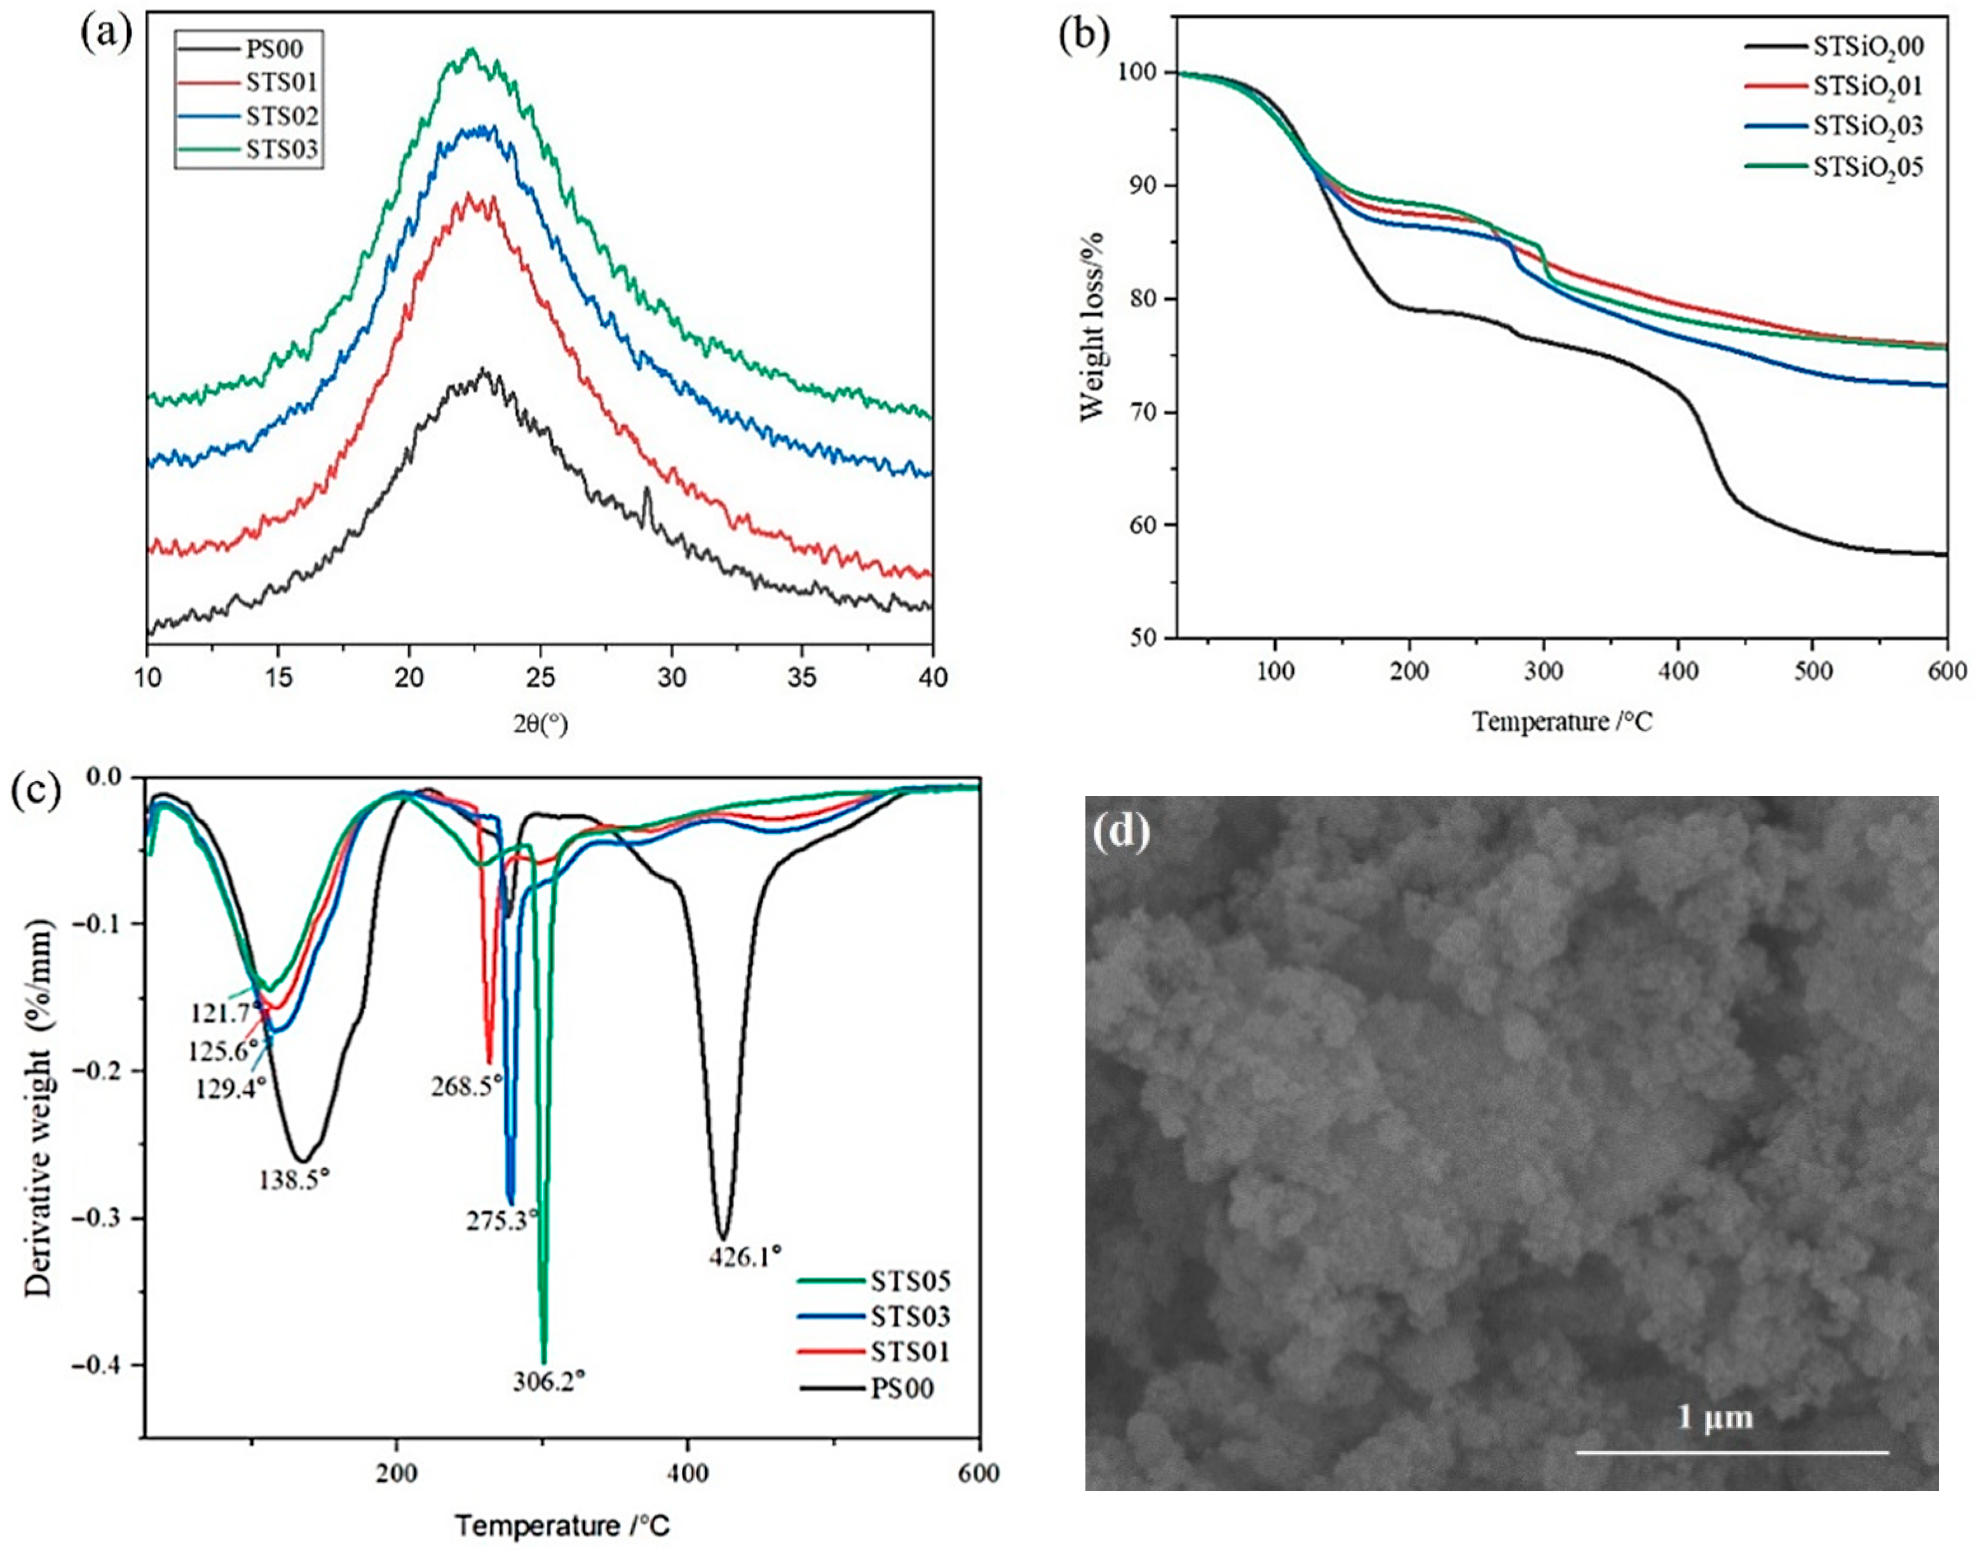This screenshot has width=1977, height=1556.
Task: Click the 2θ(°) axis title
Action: [540, 725]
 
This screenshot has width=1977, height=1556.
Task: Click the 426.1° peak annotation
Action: [745, 1257]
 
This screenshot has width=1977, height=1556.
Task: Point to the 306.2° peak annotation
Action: [548, 1381]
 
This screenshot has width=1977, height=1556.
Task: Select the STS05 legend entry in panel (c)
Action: [909, 1282]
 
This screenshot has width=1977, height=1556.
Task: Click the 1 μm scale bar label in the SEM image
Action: [1716, 1417]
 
